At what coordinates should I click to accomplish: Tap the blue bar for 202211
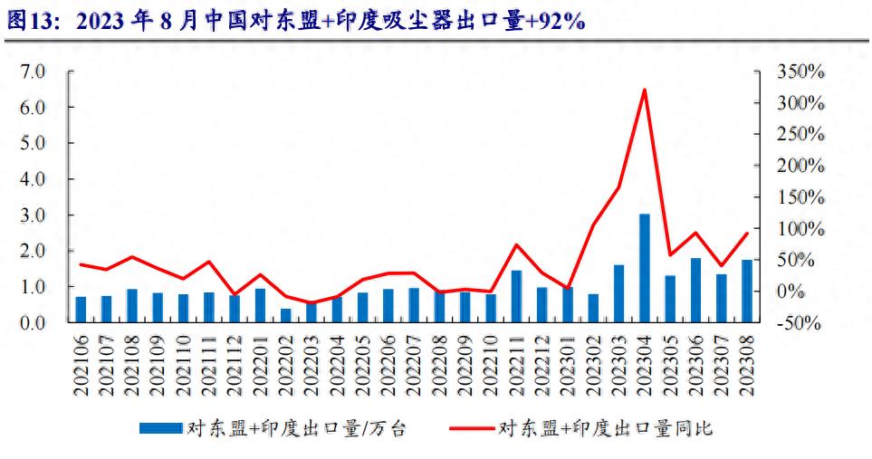tap(516, 296)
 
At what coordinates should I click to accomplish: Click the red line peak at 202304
tap(644, 90)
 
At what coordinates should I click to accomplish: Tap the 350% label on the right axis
tap(800, 72)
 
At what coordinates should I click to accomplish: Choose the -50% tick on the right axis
tap(800, 323)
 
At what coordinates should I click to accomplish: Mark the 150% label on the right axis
tap(800, 197)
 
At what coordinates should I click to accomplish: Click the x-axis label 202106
tap(81, 362)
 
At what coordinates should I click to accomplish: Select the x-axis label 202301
tap(568, 362)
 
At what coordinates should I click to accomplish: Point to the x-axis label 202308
tap(747, 362)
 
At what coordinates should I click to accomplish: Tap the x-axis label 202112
tap(235, 362)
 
